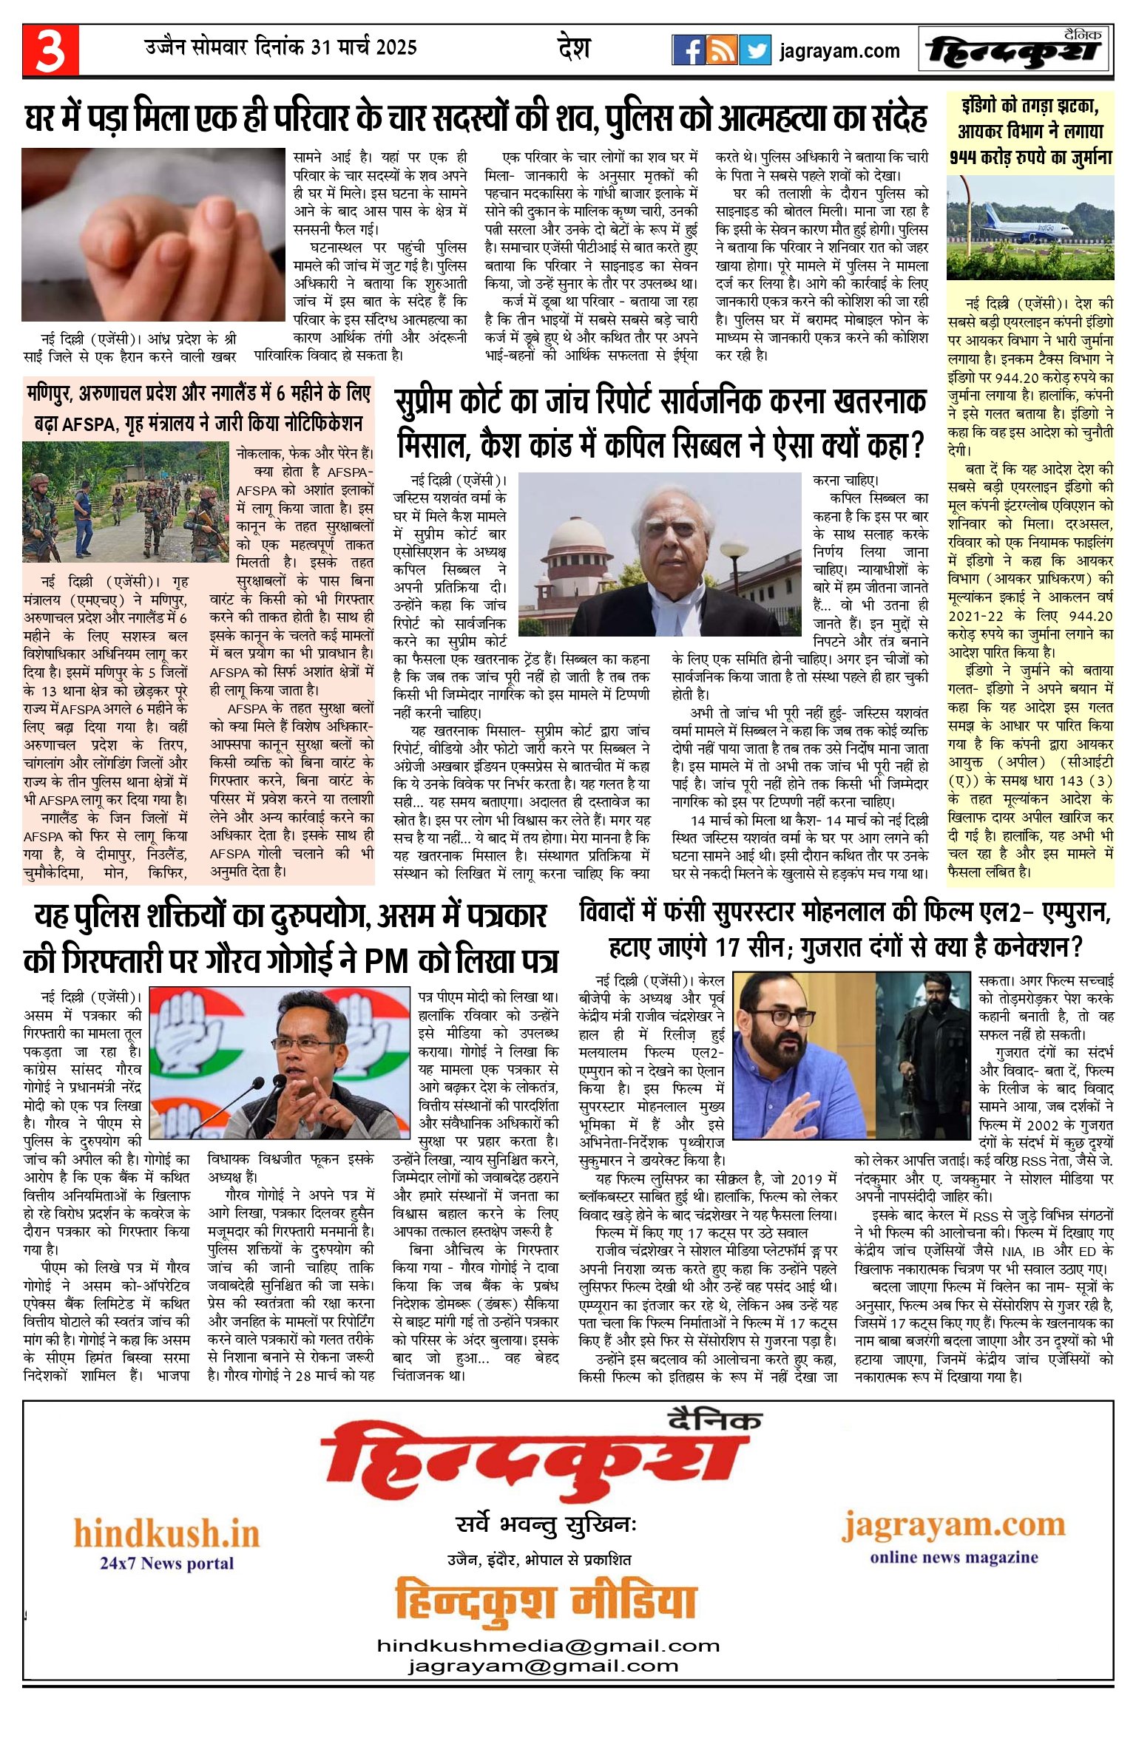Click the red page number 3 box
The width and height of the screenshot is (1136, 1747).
pos(50,50)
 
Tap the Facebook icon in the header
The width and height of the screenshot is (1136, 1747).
pos(688,50)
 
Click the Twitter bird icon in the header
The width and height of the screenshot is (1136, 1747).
pos(755,50)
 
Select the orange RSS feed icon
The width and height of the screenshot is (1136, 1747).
pos(721,50)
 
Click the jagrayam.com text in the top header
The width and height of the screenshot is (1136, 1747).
pos(839,51)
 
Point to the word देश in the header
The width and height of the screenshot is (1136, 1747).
pos(573,49)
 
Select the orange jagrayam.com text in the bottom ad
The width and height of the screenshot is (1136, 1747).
pos(953,1524)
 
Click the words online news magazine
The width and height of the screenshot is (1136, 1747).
pos(953,1557)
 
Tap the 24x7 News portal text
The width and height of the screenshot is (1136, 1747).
pos(166,1563)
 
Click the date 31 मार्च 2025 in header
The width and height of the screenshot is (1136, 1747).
pos(364,47)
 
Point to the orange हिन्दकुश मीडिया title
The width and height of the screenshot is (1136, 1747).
pos(546,1601)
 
